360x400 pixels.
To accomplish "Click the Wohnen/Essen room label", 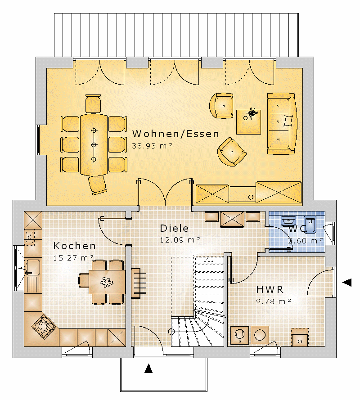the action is click(x=175, y=134).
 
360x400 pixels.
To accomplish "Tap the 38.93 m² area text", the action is click(x=152, y=146).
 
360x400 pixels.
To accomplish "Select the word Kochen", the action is click(x=75, y=246).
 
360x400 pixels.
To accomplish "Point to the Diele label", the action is click(x=174, y=228).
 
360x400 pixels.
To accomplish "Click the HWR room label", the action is click(x=270, y=290).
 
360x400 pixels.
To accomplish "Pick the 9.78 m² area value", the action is click(x=274, y=301).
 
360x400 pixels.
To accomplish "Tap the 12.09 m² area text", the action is click(x=180, y=240).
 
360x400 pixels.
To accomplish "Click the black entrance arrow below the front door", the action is click(x=148, y=369).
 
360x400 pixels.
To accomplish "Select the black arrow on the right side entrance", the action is click(x=347, y=283).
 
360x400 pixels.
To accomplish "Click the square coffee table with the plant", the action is click(x=248, y=122).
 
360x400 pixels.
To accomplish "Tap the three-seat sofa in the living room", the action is click(x=282, y=124).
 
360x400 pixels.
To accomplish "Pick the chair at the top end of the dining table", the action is click(x=93, y=103).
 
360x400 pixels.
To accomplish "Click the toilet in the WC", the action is click(x=310, y=225).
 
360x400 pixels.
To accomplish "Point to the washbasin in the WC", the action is click(x=288, y=221).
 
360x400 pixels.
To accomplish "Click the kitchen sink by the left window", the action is click(x=33, y=267).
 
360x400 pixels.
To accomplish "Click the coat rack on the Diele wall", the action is click(x=139, y=283).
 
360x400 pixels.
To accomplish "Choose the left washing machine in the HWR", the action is click(x=239, y=334).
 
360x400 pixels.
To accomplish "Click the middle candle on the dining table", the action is click(x=94, y=145).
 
